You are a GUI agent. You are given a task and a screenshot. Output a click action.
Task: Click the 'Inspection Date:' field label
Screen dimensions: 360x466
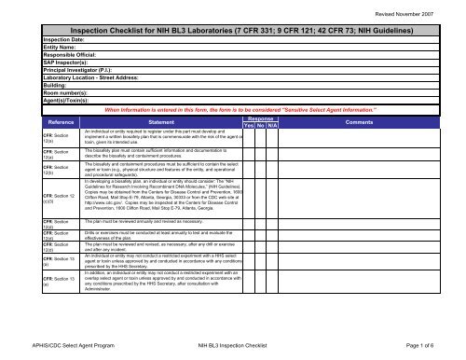coord(37,40)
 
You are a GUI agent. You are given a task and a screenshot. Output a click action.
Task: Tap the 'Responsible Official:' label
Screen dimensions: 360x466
coord(43,57)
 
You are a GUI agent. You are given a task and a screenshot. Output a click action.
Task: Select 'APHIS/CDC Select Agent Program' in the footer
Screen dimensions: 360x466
coord(59,346)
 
